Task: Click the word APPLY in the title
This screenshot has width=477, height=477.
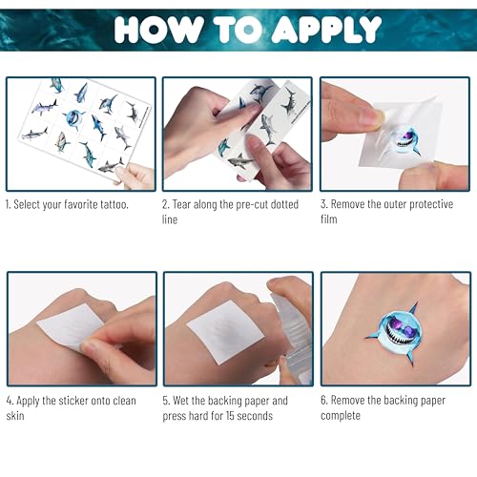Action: pyautogui.click(x=326, y=30)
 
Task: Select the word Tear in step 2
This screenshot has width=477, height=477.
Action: pyautogui.click(x=181, y=204)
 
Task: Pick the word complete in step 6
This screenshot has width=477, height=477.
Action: pyautogui.click(x=341, y=416)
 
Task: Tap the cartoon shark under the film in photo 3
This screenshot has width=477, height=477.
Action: pyautogui.click(x=404, y=143)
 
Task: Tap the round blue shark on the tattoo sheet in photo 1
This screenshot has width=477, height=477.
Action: pyautogui.click(x=73, y=118)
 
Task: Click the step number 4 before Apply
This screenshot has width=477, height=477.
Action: pyautogui.click(x=10, y=401)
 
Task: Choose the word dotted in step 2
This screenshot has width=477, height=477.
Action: pyautogui.click(x=284, y=204)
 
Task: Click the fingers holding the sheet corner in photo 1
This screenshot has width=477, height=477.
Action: pyautogui.click(x=135, y=176)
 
